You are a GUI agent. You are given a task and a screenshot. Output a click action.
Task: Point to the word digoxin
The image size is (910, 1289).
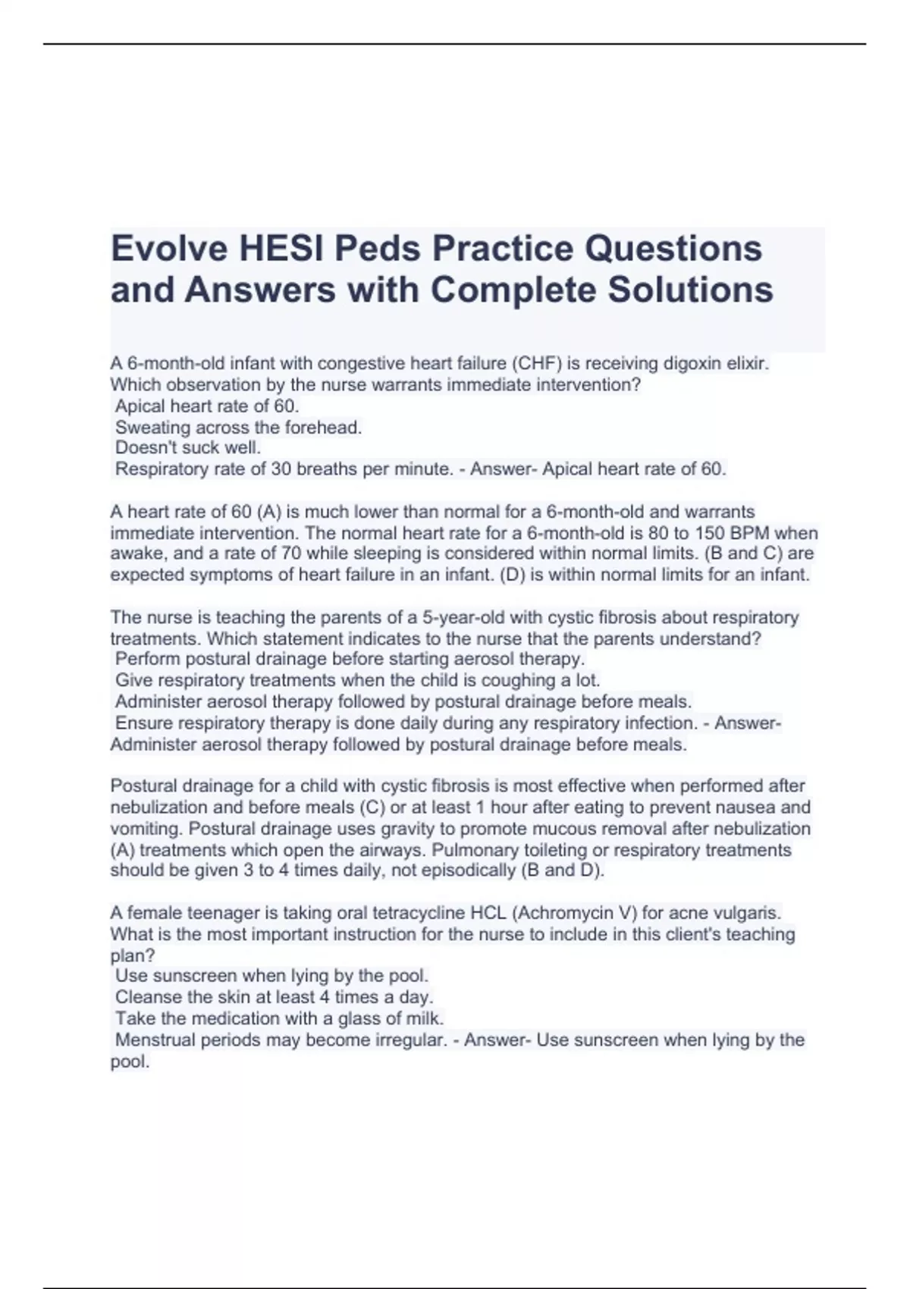pyautogui.click(x=693, y=363)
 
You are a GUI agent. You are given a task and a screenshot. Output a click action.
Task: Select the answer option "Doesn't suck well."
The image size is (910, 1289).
pyautogui.click(x=188, y=447)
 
